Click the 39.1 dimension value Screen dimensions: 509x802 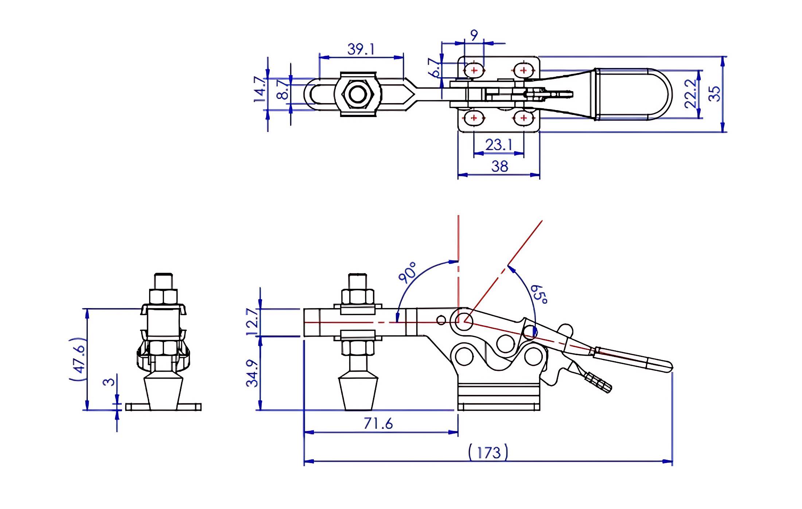coord(361,49)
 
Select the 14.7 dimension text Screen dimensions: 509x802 coord(260,89)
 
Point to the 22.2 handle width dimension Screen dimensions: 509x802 coord(691,94)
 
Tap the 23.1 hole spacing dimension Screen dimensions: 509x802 coord(499,145)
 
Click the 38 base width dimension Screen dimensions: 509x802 coord(499,167)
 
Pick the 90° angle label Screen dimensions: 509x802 coord(408,272)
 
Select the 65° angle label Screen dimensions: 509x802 coord(539,294)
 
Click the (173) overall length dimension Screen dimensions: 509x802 coord(488,452)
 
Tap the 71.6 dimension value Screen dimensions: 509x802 coord(378,424)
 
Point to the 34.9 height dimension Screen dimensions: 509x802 coord(252,373)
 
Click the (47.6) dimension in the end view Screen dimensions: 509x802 coord(78,359)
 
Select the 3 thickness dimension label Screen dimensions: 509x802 coord(109,382)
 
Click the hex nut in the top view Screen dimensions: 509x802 coord(358,94)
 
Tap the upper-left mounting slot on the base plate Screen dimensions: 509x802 coord(474,70)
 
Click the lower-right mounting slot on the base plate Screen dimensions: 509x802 coord(524,118)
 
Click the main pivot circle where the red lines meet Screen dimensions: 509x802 coord(464,321)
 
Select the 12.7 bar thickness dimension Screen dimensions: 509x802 coord(252,322)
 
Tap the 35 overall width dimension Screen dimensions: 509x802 coord(715,94)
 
